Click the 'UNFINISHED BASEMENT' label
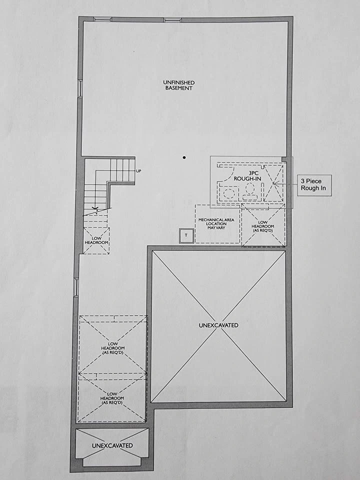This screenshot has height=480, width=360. point(179,85)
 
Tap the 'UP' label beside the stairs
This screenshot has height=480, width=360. point(138,171)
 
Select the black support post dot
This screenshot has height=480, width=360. point(184,157)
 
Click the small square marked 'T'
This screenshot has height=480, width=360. point(186,235)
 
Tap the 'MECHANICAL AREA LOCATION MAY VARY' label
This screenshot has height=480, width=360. point(216,224)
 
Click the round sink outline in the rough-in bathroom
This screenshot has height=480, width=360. point(228,193)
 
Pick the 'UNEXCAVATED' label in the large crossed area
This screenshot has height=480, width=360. point(218,325)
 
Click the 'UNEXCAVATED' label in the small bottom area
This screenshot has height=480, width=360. point(112,445)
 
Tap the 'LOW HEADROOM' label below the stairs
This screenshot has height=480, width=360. point(96,240)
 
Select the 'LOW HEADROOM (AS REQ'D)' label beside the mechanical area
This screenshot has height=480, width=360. point(262,226)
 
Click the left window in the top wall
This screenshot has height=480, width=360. point(102,19)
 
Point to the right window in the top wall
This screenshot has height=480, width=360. point(172,20)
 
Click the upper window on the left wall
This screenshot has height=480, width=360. point(80,89)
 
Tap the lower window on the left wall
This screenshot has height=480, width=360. point(76,287)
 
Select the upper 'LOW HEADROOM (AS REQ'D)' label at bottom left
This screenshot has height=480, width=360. point(112,348)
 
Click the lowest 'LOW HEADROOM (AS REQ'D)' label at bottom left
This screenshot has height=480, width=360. point(112,398)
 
